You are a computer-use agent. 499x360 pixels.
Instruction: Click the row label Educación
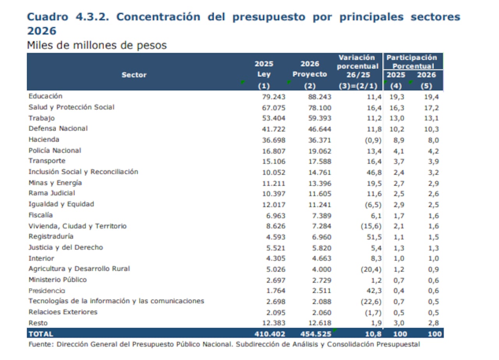click(x=45, y=96)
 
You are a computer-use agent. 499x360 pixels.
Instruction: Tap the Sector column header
click(x=134, y=75)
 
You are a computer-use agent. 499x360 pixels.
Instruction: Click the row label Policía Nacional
click(x=55, y=151)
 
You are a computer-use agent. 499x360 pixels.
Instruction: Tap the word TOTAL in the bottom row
click(x=41, y=334)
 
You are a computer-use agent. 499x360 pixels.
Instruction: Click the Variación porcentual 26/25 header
click(x=357, y=66)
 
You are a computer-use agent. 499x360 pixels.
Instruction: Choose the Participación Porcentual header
click(x=412, y=62)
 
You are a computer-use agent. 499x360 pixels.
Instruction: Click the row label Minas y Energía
click(x=55, y=183)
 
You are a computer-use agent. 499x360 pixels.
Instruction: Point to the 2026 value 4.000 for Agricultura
click(x=322, y=270)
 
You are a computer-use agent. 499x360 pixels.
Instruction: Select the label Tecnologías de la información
click(x=116, y=301)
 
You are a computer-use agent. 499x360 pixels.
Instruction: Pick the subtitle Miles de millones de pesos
click(x=97, y=45)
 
